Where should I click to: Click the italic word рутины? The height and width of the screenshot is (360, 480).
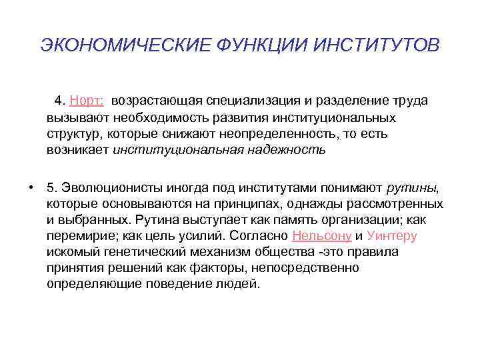pos(414,186)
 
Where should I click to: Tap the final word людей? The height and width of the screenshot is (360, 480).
pos(240,284)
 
